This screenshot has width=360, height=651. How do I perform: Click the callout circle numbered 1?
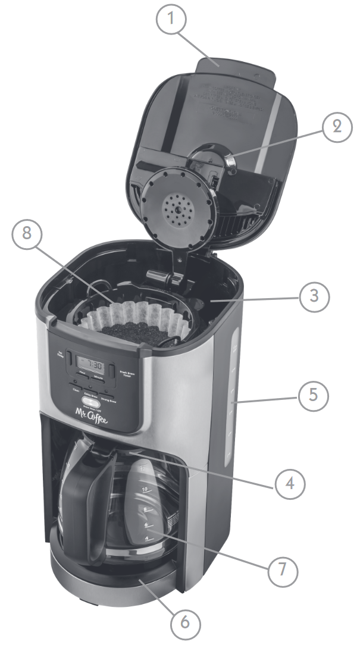[x=171, y=20]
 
